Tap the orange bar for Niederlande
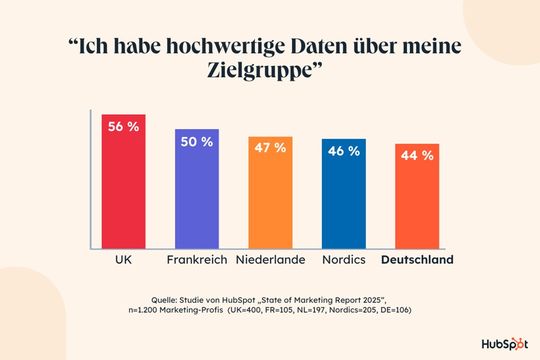[270, 200]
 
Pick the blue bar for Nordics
[343, 201]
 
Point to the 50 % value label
[197, 142]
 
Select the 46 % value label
[343, 151]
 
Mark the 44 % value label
[416, 155]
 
